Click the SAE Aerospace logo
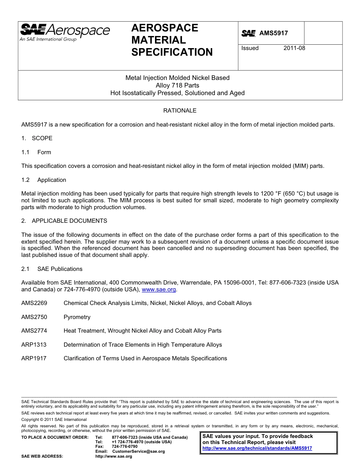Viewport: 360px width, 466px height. tap(65, 32)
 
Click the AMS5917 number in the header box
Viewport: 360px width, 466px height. tap(273, 33)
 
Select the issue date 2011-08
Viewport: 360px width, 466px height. tap(294, 48)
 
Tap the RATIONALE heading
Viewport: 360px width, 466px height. tap(180, 111)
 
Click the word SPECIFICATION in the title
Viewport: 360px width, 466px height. tap(172, 52)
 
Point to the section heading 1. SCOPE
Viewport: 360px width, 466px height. tap(37, 138)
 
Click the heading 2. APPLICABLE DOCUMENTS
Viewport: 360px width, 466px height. tap(64, 221)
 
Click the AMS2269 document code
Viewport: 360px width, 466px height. tap(34, 303)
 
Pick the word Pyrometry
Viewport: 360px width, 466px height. tap(77, 317)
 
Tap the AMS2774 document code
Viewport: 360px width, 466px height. tap(34, 331)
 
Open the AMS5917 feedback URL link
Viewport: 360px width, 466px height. tap(257, 448)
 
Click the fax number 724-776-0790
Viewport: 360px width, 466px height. tap(125, 447)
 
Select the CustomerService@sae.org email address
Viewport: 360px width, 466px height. tap(138, 452)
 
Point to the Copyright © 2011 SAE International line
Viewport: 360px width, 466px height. tap(54, 419)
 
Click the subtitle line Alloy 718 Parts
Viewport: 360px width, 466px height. tap(177, 85)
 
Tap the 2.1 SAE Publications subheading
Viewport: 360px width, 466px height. tap(52, 269)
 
